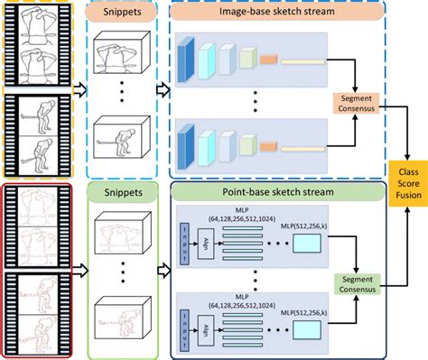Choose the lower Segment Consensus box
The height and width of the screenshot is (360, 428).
click(359, 284)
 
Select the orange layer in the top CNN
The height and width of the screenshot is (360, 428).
click(269, 60)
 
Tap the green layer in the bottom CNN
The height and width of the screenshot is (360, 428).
click(247, 144)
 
